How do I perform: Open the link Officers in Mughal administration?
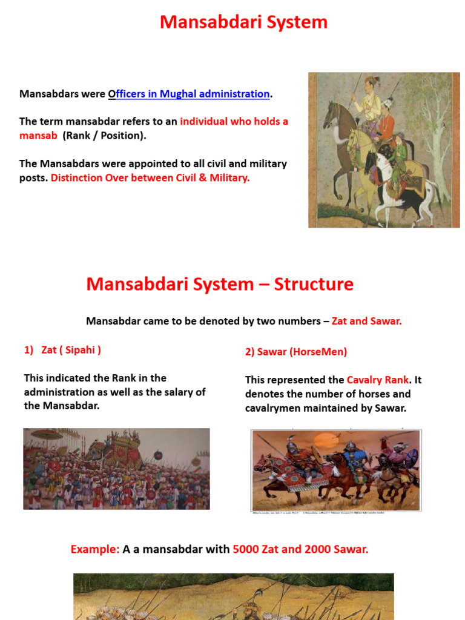[x=189, y=94]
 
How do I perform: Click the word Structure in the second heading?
[x=314, y=284]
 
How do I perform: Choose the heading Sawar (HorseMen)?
[x=295, y=351]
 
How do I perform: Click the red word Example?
[x=95, y=549]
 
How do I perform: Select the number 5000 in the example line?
[x=246, y=549]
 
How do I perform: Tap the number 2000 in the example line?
[x=318, y=549]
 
